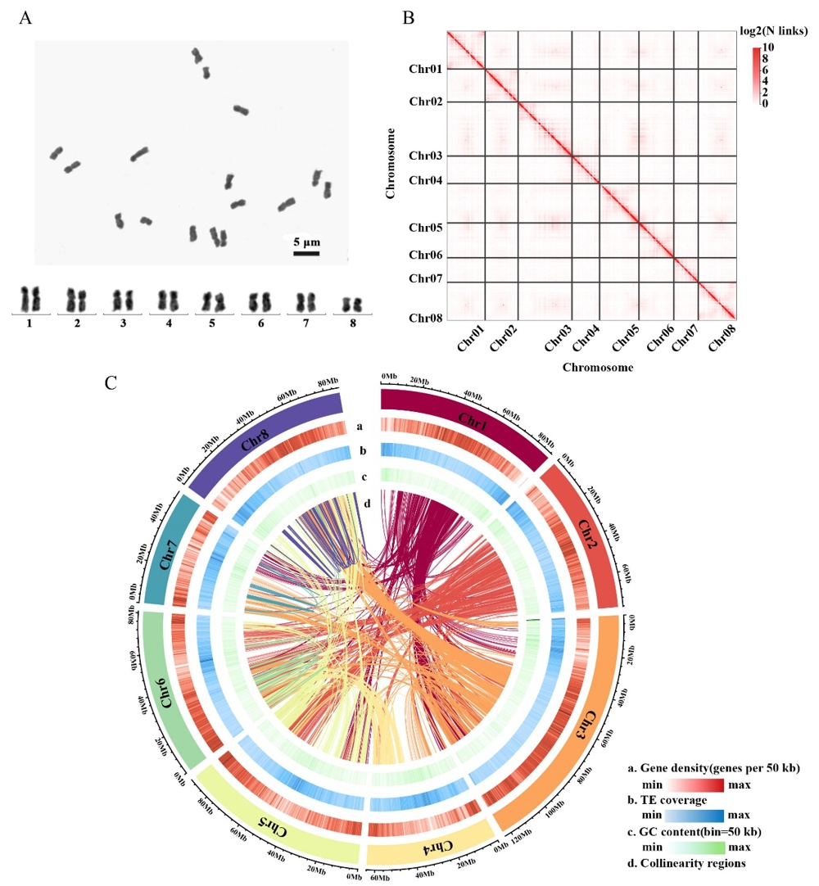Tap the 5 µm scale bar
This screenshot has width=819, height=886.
(306, 253)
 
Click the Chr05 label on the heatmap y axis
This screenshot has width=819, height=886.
(426, 228)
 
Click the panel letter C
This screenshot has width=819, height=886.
(112, 383)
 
